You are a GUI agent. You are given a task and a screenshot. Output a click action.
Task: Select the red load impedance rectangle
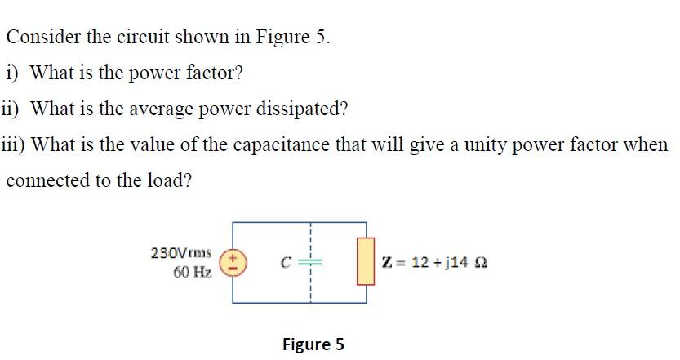(365, 261)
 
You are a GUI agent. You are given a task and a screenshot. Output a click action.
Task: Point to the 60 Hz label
(193, 272)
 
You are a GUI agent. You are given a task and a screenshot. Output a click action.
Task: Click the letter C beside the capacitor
(286, 263)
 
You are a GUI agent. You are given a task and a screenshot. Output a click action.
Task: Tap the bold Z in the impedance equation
(386, 262)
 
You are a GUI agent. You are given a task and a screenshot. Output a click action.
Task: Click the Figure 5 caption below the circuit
(313, 344)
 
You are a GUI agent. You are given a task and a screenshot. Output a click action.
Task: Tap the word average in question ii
(146, 109)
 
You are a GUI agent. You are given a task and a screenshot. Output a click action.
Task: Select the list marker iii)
(13, 144)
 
